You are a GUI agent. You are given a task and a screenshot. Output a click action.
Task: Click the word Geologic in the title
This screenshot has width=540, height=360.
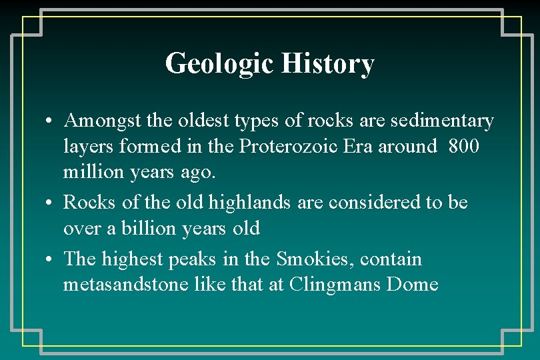(219, 64)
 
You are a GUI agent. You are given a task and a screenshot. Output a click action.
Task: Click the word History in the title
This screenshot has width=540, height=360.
(327, 64)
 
